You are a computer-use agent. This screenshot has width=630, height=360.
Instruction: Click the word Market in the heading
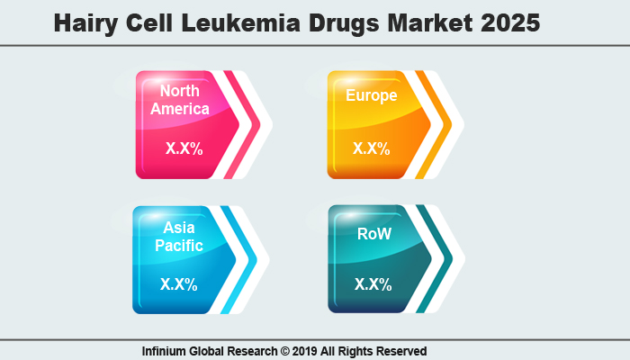(430, 23)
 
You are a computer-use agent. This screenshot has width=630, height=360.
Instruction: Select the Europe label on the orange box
(371, 95)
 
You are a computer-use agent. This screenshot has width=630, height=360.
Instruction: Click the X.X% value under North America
(184, 148)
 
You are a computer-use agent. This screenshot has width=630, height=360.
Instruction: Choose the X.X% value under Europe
(372, 148)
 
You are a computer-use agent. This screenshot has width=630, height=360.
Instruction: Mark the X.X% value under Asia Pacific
(180, 284)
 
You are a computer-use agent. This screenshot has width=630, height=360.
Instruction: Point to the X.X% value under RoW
(373, 284)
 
